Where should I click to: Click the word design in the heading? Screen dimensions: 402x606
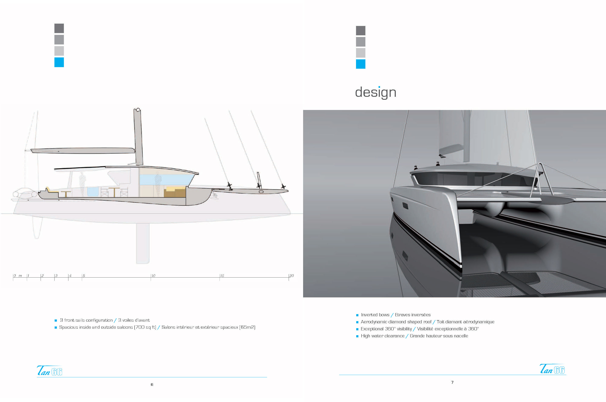(x=376, y=92)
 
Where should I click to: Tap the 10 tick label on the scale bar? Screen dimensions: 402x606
(x=153, y=276)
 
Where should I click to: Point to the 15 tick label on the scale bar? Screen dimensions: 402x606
(x=222, y=276)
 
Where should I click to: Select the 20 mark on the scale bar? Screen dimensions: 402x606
(x=291, y=276)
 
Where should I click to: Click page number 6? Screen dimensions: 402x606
(x=152, y=385)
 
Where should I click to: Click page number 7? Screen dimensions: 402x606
(x=452, y=382)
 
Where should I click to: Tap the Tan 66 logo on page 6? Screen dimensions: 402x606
(x=50, y=371)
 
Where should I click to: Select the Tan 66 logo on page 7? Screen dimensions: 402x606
(x=552, y=369)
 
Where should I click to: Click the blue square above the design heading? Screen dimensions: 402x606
(x=361, y=64)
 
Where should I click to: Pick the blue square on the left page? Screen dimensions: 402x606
(x=59, y=62)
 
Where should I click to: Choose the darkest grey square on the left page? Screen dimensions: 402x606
(x=59, y=29)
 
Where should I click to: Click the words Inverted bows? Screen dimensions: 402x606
(x=375, y=315)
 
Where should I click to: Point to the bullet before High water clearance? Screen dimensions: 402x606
(x=357, y=336)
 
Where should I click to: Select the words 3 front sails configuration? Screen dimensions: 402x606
(x=86, y=320)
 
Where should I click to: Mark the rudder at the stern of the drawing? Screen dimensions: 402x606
(x=37, y=227)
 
